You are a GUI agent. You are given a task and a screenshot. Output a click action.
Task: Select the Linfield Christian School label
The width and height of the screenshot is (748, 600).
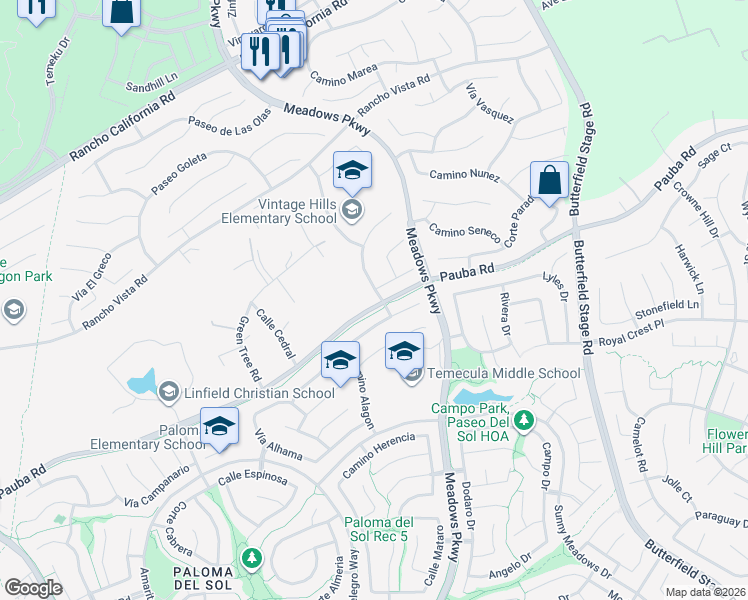(259, 393)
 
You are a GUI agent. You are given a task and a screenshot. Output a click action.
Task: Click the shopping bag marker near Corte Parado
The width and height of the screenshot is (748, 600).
(549, 181)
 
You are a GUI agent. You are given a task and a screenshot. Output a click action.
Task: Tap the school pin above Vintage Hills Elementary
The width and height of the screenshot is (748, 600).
(352, 171)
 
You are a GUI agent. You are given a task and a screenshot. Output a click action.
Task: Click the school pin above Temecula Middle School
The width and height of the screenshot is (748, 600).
(404, 351)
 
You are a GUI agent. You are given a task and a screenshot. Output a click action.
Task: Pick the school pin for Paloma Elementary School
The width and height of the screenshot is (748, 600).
(219, 427)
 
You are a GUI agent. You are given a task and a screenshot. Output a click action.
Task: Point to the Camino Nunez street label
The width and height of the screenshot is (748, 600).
(464, 175)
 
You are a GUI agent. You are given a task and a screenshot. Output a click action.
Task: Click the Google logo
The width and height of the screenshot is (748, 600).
(33, 588)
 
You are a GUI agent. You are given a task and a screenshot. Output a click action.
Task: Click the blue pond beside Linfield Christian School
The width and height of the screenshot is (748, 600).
(142, 381)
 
